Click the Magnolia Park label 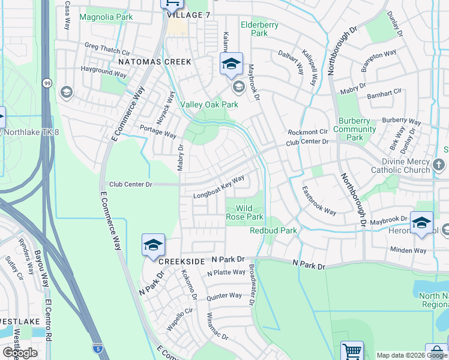(x=106, y=17)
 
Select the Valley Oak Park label (x=209, y=104)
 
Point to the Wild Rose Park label (x=245, y=212)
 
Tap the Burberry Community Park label (x=355, y=129)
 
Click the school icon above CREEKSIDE (x=153, y=244)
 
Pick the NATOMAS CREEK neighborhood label (x=155, y=62)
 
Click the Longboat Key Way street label (x=218, y=187)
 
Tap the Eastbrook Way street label (x=319, y=203)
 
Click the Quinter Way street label (x=223, y=296)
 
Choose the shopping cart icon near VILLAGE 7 (x=170, y=4)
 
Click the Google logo (x=20, y=353)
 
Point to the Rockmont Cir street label (x=307, y=132)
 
